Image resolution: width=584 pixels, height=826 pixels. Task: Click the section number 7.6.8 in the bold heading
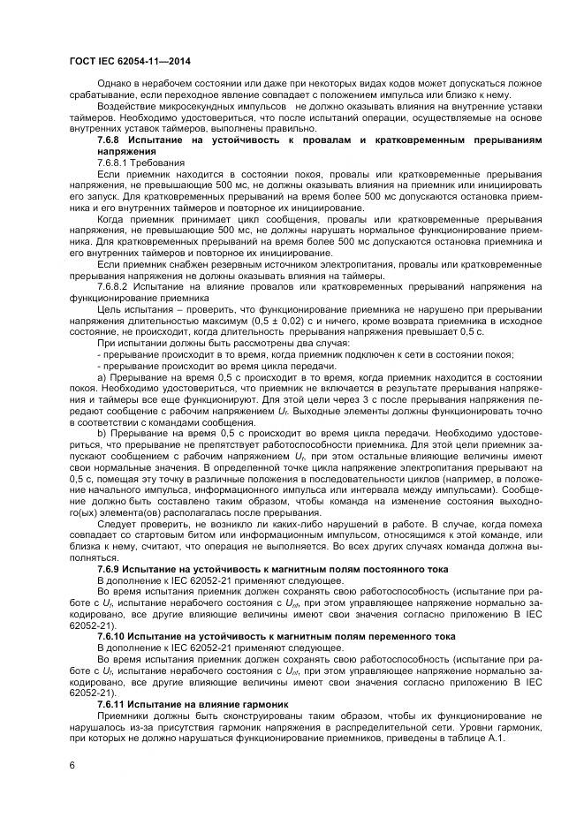pyautogui.click(x=110, y=140)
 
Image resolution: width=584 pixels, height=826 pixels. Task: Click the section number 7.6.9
pyautogui.click(x=110, y=570)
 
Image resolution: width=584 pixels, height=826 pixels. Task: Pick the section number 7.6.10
pyautogui.click(x=113, y=634)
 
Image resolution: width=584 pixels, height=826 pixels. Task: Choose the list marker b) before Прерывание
pyautogui.click(x=101, y=433)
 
